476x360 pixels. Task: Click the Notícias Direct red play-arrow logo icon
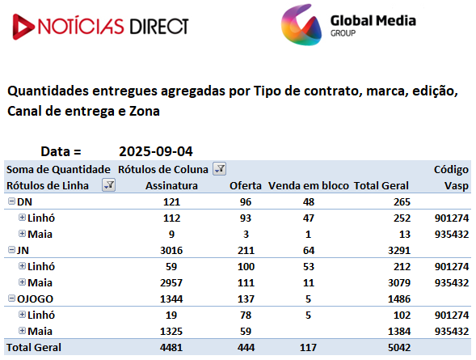tap(23, 27)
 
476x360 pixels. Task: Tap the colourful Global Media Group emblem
tap(301, 25)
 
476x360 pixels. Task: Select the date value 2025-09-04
tap(156, 151)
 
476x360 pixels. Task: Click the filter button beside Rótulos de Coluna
tap(220, 168)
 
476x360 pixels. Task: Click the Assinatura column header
tap(171, 185)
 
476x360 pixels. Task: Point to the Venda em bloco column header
tap(309, 185)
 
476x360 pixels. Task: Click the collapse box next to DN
tap(11, 201)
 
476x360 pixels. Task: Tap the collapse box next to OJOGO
tap(11, 299)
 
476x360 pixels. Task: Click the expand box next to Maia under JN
tap(22, 282)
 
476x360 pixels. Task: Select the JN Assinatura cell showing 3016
tap(171, 250)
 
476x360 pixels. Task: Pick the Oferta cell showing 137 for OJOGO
tap(246, 299)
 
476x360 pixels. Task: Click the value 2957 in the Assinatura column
tap(171, 283)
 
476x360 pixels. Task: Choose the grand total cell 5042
tap(399, 348)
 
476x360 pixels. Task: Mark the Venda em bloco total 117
tap(308, 348)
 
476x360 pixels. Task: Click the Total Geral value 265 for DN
tap(402, 202)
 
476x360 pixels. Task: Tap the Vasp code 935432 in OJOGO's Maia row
tap(452, 332)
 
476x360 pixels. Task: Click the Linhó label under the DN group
tap(41, 218)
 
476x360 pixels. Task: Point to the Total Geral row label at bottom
tap(34, 348)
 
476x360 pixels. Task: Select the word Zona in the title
tap(145, 111)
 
